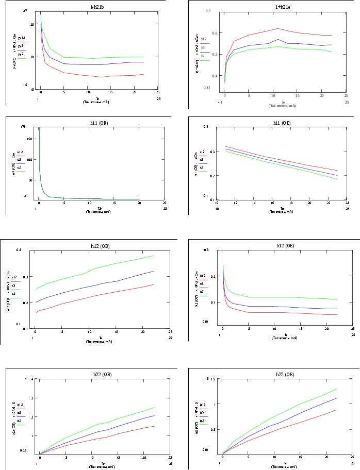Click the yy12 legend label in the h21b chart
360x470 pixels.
pos(21,38)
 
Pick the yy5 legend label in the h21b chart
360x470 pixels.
pos(21,46)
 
